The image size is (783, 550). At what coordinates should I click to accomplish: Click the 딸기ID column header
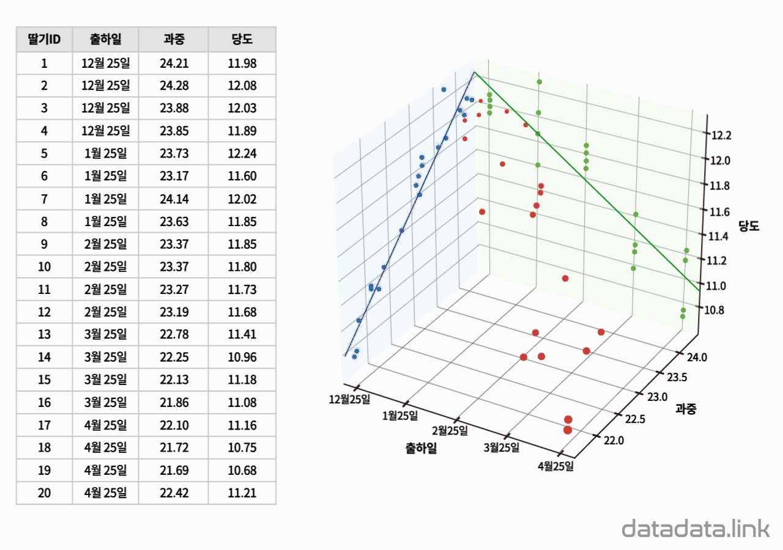(x=44, y=40)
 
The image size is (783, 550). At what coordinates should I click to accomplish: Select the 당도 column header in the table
(x=242, y=40)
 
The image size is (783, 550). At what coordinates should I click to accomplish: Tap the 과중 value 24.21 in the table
(x=173, y=63)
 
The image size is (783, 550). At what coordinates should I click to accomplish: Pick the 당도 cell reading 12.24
(x=242, y=153)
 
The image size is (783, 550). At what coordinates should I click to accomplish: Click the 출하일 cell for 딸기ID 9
(x=105, y=244)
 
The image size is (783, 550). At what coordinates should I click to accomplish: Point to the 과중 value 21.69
(x=173, y=471)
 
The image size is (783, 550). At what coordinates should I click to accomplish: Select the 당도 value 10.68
(x=242, y=471)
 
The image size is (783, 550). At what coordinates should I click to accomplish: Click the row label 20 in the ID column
(x=44, y=493)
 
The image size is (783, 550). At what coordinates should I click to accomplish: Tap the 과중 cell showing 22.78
(x=173, y=334)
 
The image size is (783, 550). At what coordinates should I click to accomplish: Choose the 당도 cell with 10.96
(x=242, y=357)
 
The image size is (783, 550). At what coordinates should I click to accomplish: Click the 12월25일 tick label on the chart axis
(x=349, y=400)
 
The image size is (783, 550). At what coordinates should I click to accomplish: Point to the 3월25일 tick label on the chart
(x=501, y=447)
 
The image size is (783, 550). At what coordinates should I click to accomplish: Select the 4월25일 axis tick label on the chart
(x=555, y=466)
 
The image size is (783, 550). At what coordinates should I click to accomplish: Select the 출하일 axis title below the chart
(x=421, y=449)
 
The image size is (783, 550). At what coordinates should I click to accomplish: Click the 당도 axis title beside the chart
(x=749, y=226)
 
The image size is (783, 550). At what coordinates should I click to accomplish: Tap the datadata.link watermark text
(x=696, y=529)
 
